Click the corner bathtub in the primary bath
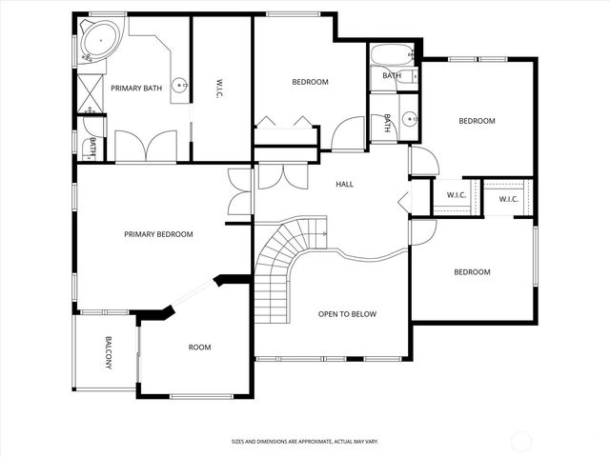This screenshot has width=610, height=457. [x=94, y=40]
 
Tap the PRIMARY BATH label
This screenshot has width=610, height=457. [x=133, y=89]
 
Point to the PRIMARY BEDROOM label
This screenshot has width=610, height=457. [x=158, y=234]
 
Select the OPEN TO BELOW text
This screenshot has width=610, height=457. [x=347, y=314]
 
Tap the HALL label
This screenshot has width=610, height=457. [x=344, y=184]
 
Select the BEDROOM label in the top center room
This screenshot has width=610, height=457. [x=309, y=82]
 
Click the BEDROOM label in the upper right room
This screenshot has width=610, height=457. [x=477, y=121]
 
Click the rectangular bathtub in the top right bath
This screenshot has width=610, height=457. [x=392, y=53]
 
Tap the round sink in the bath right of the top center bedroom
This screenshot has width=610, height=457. [x=409, y=120]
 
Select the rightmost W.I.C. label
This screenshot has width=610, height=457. [x=508, y=199]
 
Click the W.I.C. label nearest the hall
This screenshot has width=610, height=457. [x=455, y=196]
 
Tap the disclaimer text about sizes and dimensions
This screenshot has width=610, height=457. [x=305, y=442]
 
